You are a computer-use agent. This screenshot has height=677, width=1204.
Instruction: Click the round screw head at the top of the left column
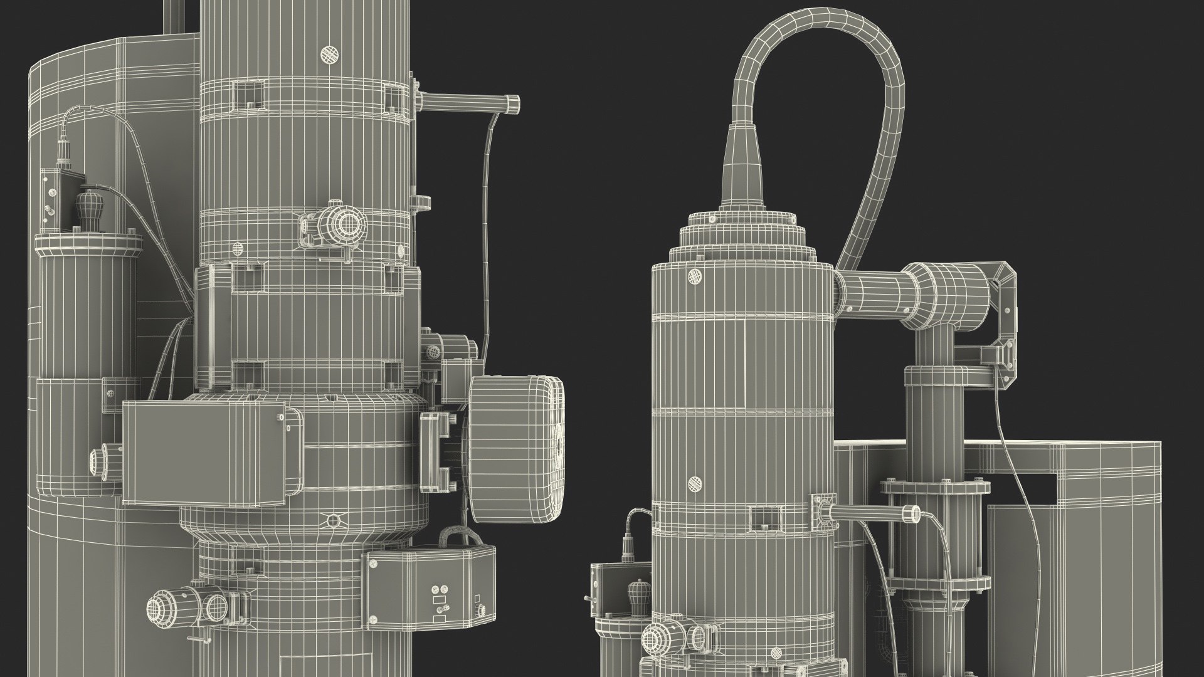(329, 55)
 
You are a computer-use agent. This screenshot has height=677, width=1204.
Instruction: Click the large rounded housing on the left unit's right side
(517, 449)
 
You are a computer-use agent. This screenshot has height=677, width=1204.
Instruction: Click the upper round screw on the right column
(694, 276)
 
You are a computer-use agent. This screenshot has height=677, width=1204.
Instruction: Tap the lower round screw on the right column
(694, 483)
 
